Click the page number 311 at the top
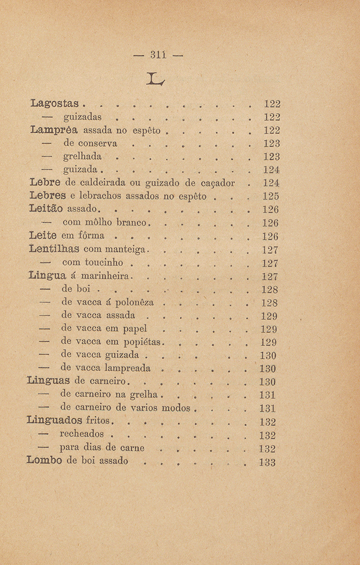click(x=157, y=54)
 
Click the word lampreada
click(x=127, y=369)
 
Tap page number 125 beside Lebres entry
click(x=271, y=196)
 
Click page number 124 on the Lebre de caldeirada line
click(x=271, y=182)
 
